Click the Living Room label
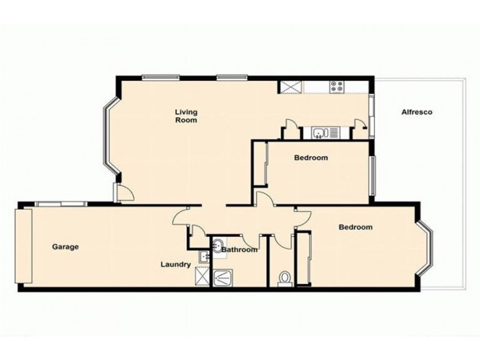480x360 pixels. (x=186, y=116)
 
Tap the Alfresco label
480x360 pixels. (x=417, y=112)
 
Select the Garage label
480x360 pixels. (x=65, y=247)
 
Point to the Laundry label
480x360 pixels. (x=176, y=264)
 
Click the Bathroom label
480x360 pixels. (x=239, y=250)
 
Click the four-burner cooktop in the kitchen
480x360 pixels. (x=336, y=87)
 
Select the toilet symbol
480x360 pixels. (x=286, y=278)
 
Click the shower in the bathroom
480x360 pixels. (x=225, y=277)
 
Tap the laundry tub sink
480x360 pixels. (x=205, y=257)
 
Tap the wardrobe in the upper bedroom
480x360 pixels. (x=262, y=164)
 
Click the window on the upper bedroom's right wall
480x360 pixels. (x=373, y=175)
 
